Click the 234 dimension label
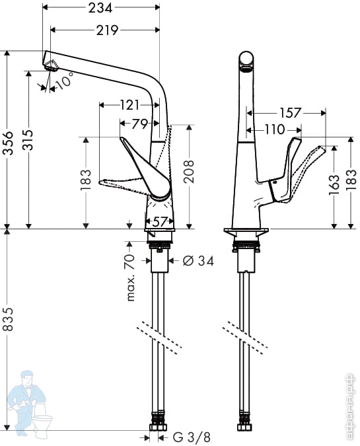pos(100,8)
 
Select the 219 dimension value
pos(107,30)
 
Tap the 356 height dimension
pos(8,143)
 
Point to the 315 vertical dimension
pos(28,139)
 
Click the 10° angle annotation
pos(64,80)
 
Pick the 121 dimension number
pos(129,105)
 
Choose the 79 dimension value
pos(139,124)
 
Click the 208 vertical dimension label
pos(188,172)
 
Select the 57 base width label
pos(159,221)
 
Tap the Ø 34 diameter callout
pos(198,260)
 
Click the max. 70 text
pos(130,278)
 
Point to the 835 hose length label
pos(8,319)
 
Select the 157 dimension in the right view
pos(289,113)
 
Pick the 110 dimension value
pos(274,130)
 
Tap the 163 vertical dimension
pos(334,185)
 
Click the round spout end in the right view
pos(246,59)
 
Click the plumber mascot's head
pos(27,379)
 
